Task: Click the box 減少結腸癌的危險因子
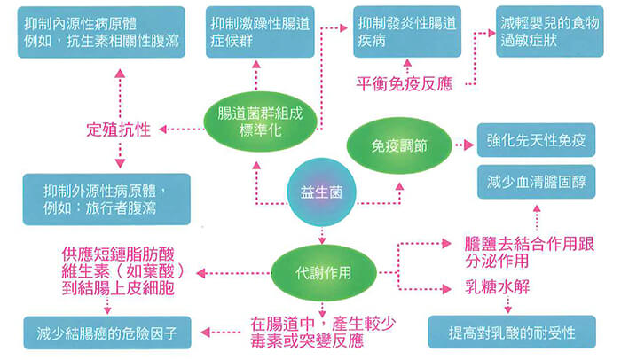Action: point(109,334)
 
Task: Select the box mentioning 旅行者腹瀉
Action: point(103,199)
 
